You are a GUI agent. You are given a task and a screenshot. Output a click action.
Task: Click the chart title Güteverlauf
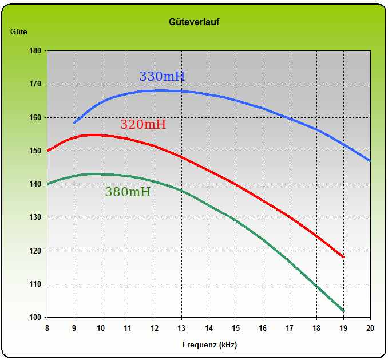pos(194,22)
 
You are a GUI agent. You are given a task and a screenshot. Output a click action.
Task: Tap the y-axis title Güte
pos(19,32)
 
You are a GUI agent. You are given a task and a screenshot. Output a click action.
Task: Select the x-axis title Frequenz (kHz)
pos(209,345)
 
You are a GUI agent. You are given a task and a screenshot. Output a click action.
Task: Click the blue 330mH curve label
pos(162,77)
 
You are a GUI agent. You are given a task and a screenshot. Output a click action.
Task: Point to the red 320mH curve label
pos(142,125)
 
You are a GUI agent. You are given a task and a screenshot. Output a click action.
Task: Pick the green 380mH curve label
pos(128,192)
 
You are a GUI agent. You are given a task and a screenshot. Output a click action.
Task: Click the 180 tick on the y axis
pos(35,51)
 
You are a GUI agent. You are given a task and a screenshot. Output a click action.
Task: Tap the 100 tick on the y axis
pos(35,318)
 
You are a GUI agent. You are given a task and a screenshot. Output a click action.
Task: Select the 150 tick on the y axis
pos(35,151)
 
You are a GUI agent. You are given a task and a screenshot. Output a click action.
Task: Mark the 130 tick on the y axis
pos(35,217)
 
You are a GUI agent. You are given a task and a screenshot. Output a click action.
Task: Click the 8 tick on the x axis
pos(47,328)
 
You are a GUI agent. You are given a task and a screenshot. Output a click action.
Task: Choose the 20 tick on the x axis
pos(370,328)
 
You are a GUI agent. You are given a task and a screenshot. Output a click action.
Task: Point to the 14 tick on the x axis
pos(209,328)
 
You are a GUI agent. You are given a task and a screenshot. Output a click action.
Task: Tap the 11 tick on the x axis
pos(128,328)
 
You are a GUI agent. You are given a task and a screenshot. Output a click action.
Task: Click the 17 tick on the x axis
pos(290,328)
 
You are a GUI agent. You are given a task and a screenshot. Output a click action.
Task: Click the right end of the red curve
pos(343,258)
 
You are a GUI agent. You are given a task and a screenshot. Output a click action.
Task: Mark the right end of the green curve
pos(343,311)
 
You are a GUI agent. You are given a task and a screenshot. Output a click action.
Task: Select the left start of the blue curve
pos(74,123)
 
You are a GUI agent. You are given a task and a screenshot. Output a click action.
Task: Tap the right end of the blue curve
pos(370,161)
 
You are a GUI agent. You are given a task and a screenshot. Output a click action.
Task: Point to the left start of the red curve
pos(48,151)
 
